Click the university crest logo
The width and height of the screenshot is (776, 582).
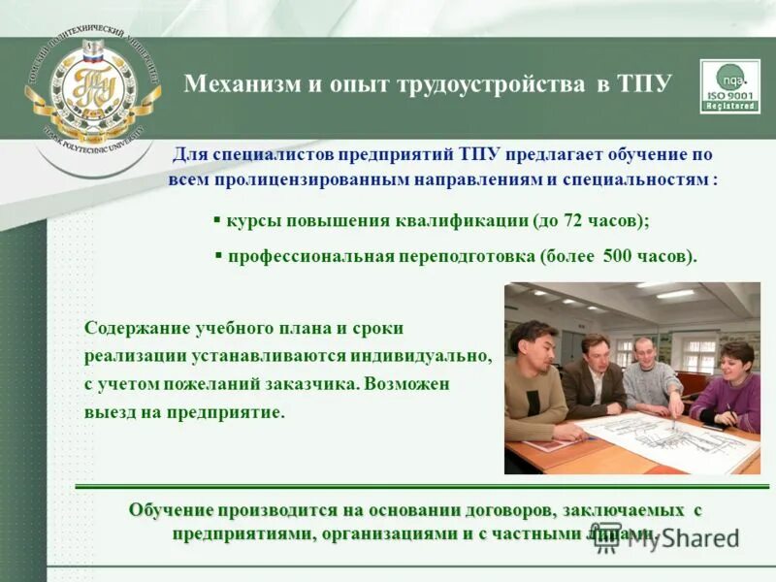93,87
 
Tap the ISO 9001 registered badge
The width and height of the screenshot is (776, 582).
730,87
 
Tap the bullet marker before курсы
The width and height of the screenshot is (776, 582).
217,220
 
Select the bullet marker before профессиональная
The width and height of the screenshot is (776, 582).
218,256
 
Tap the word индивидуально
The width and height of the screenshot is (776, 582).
434,357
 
